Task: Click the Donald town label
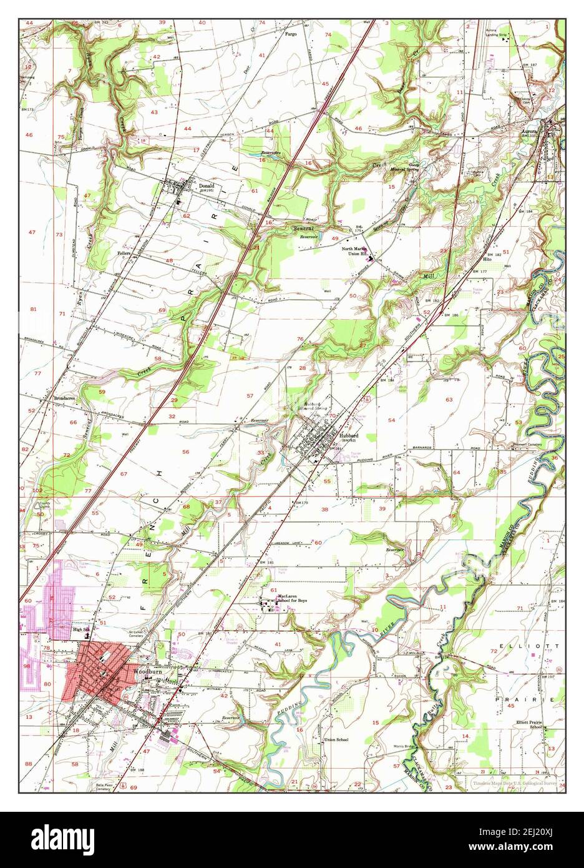(207, 186)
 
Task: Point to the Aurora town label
(529, 132)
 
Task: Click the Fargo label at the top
(291, 34)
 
